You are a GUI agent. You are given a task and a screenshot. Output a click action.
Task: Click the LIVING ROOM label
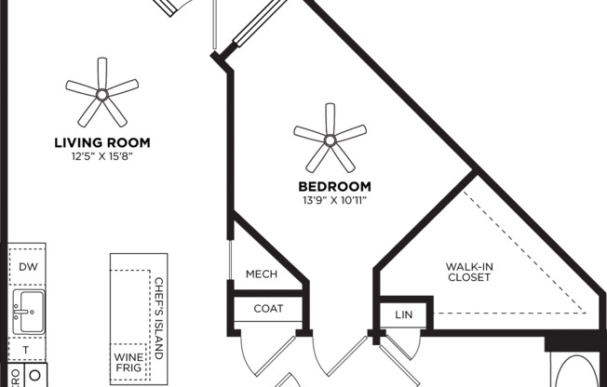(102, 142)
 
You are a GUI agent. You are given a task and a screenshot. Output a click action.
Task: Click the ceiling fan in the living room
(101, 93)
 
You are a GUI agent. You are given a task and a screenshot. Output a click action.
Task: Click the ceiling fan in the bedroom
(330, 138)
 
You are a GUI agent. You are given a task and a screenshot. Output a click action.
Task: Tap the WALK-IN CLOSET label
(469, 271)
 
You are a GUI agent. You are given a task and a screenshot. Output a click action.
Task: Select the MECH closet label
(262, 274)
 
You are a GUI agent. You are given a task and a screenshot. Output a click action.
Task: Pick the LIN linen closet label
(402, 314)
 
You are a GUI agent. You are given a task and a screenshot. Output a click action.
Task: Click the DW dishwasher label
(27, 266)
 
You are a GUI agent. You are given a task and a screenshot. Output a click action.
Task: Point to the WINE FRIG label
(127, 363)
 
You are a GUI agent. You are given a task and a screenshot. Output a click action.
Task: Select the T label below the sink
(26, 350)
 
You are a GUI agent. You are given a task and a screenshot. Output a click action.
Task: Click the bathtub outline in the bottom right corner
(577, 370)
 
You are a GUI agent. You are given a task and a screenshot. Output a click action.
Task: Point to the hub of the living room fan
(101, 94)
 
